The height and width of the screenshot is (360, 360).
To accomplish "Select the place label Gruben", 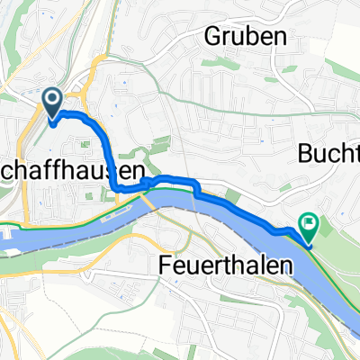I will click(245, 37).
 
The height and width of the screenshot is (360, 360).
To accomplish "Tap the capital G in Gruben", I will click(215, 37).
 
